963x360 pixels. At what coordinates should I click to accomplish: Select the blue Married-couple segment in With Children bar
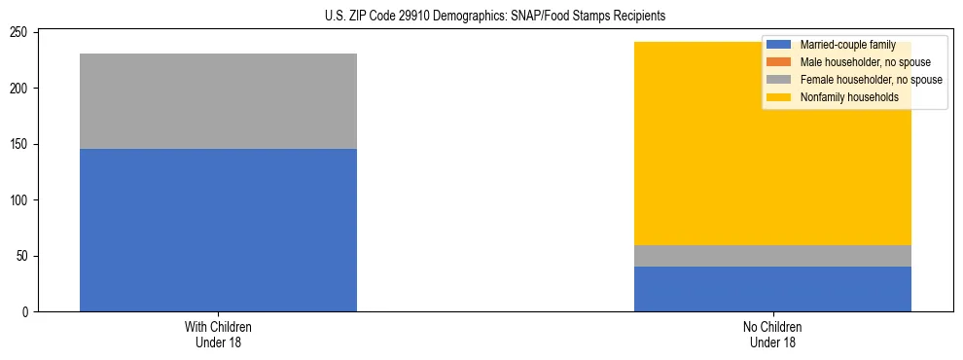[218, 230]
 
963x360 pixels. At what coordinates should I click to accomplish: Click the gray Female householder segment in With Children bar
[218, 101]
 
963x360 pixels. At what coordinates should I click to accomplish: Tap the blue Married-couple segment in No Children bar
[772, 289]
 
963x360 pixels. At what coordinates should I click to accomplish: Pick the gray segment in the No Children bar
[772, 256]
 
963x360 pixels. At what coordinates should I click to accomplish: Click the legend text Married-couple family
[846, 45]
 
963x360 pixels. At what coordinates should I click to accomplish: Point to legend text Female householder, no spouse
[871, 80]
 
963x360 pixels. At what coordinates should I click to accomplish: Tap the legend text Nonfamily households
[848, 97]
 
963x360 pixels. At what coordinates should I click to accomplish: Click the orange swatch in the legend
[779, 62]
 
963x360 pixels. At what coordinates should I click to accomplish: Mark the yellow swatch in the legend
[779, 97]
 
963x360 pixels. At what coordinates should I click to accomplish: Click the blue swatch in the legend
[779, 45]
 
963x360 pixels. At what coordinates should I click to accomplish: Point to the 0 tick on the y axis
[28, 312]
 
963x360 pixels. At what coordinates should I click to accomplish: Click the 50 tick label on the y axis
[25, 256]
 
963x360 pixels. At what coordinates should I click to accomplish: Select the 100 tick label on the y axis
[22, 200]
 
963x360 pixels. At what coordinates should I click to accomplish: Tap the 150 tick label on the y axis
[22, 145]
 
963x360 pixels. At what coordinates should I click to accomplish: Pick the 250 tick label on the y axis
[22, 33]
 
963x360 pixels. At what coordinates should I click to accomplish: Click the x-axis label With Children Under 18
[218, 334]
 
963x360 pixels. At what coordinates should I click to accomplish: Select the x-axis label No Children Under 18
[772, 334]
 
